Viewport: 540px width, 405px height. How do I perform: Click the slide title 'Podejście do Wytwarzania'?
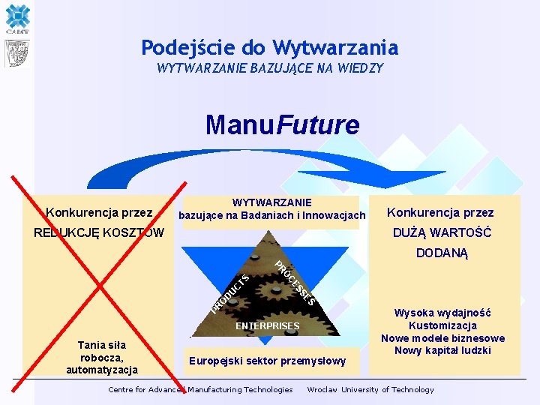(269, 48)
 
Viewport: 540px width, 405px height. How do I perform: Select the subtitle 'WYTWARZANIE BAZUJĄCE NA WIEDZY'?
(269, 68)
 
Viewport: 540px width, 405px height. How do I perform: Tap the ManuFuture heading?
(283, 124)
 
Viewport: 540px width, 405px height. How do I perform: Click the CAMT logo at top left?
(16, 19)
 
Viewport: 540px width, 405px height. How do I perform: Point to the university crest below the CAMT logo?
(16, 53)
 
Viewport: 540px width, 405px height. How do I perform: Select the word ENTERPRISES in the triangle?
(267, 326)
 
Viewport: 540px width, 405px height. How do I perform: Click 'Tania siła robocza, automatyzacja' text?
(101, 357)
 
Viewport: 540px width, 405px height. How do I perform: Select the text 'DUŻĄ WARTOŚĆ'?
(442, 232)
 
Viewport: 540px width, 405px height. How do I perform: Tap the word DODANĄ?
(442, 253)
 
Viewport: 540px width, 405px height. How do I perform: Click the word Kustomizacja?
(442, 325)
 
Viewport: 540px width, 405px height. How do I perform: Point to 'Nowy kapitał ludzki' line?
(442, 350)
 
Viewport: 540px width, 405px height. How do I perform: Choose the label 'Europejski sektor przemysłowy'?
(268, 361)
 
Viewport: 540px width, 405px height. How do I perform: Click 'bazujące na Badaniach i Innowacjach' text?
(272, 216)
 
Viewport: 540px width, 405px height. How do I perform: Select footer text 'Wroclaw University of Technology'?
(370, 389)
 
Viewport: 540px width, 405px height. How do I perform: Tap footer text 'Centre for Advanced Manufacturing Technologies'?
(200, 389)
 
